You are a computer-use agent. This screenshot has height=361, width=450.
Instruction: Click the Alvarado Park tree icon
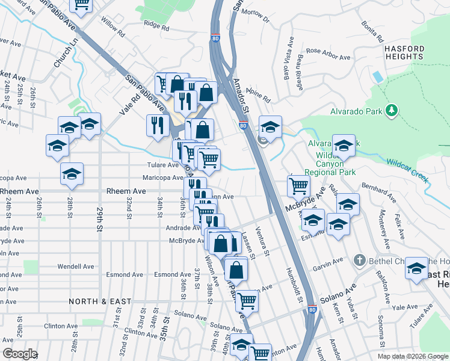[x=392, y=111]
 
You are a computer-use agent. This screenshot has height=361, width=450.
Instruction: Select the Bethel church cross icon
[x=359, y=260]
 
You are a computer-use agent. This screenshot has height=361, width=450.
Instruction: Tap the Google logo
[x=20, y=354]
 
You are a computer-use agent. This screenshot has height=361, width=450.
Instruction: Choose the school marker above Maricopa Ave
[x=72, y=174]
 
